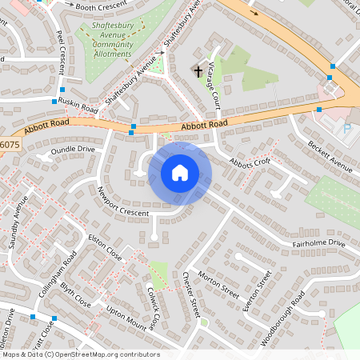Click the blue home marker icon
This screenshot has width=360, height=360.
pos(180,172)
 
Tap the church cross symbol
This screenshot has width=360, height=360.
pos(198,71)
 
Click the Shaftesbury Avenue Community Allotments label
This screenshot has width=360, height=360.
pos(112,41)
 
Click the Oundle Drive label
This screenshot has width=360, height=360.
pos(73,149)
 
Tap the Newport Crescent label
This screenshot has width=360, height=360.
pos(122,203)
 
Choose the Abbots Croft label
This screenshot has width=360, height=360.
pos(250,162)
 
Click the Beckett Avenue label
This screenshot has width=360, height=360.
pos(330,155)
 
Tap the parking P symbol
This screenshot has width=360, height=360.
pos(346,128)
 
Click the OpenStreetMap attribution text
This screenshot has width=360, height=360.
pos(80,354)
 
